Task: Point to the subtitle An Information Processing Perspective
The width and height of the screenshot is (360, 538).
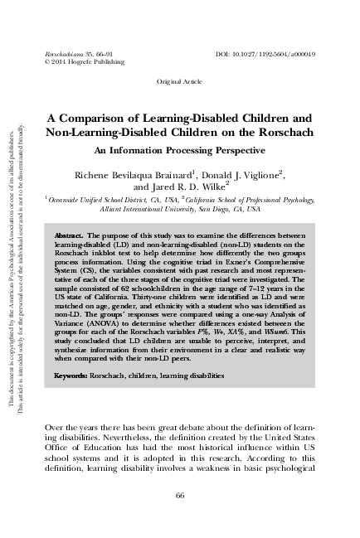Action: (x=179, y=152)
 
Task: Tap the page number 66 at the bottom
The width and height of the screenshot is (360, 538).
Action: (x=180, y=495)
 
